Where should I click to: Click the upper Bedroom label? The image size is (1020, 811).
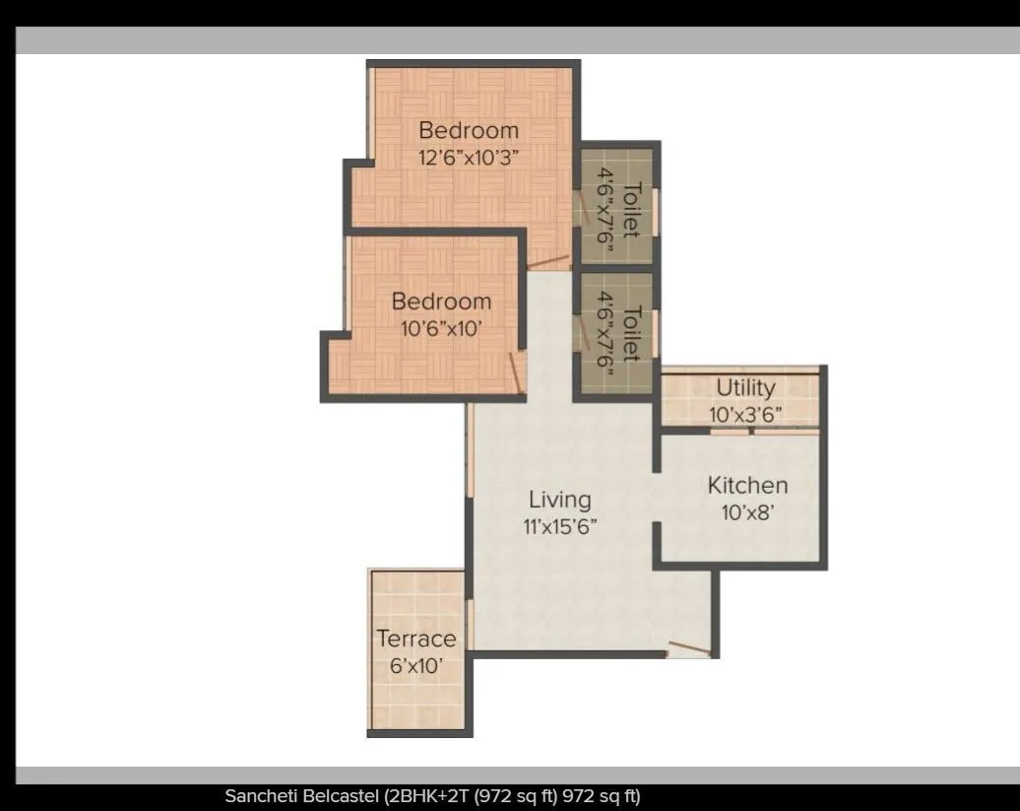tap(468, 130)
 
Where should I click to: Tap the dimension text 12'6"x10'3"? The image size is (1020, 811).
tap(469, 156)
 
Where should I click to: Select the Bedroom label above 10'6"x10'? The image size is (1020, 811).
tap(441, 302)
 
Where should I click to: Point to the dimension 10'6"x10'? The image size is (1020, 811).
tap(441, 327)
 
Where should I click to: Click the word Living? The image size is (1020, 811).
tap(559, 499)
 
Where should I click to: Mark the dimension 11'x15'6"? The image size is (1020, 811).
tap(560, 524)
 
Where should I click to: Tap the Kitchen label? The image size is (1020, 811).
tap(747, 486)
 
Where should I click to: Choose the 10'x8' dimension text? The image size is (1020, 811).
tap(747, 512)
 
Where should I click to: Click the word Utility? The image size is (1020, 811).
tap(745, 387)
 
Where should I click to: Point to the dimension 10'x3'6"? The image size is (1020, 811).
tap(745, 415)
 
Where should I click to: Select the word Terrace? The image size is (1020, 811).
tap(416, 639)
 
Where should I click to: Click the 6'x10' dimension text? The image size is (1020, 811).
tap(416, 665)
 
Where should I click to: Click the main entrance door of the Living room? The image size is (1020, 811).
tap(688, 649)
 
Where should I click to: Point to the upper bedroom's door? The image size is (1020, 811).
tap(548, 262)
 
